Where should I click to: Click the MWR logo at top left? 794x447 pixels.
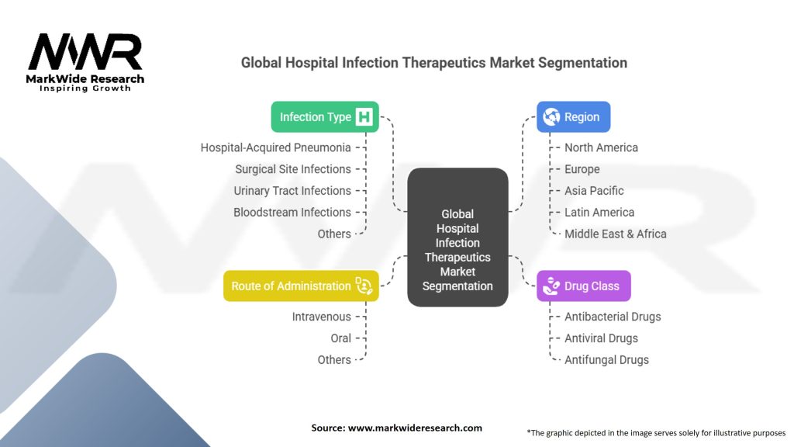click(85, 54)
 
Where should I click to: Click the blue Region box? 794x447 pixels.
click(573, 117)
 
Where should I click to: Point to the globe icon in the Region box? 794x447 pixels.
click(552, 117)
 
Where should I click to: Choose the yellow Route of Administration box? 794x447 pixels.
click(301, 286)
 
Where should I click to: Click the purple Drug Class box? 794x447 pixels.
click(583, 286)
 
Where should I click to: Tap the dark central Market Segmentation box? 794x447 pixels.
click(457, 237)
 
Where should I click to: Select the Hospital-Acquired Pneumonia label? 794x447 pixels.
click(275, 147)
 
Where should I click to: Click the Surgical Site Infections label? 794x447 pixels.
click(293, 169)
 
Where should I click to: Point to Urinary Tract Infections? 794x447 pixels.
click(292, 191)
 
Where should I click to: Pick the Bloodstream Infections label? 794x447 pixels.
click(292, 213)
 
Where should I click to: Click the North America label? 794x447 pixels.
click(601, 147)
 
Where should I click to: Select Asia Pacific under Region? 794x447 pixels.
click(594, 191)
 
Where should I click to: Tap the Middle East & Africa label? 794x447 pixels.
click(616, 234)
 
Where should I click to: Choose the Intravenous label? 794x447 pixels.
click(321, 317)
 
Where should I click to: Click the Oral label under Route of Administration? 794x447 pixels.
click(340, 338)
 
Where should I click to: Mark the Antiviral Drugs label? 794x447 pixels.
click(601, 338)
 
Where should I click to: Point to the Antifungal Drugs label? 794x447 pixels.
click(606, 360)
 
